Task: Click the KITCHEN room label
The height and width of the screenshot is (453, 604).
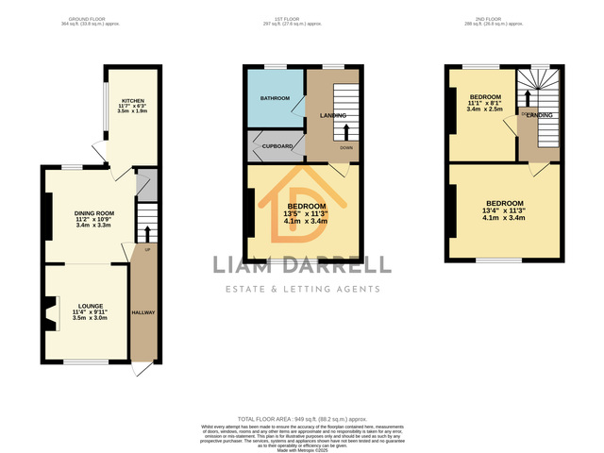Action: tap(131, 99)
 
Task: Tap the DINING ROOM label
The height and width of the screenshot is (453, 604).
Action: tap(93, 213)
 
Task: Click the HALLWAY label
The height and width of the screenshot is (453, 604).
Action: tap(143, 312)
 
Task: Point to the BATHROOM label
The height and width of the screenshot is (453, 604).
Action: tap(275, 98)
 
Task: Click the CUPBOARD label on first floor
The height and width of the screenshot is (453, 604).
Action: tap(277, 146)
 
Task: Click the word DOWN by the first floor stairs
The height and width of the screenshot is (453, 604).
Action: tap(346, 148)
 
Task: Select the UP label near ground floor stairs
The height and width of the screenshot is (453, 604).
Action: tap(147, 249)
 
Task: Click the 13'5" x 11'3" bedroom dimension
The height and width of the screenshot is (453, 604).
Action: tap(307, 213)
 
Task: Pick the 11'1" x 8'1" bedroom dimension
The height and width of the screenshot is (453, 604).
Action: tap(486, 104)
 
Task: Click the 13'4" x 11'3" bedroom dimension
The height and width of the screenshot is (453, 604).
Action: tap(504, 210)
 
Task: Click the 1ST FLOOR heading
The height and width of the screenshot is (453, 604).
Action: tap(302, 18)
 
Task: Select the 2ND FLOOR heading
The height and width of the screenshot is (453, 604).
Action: tap(502, 18)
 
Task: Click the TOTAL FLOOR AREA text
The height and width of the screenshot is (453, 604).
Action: tap(301, 417)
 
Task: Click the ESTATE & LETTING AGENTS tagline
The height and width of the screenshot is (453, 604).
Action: tap(301, 289)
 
